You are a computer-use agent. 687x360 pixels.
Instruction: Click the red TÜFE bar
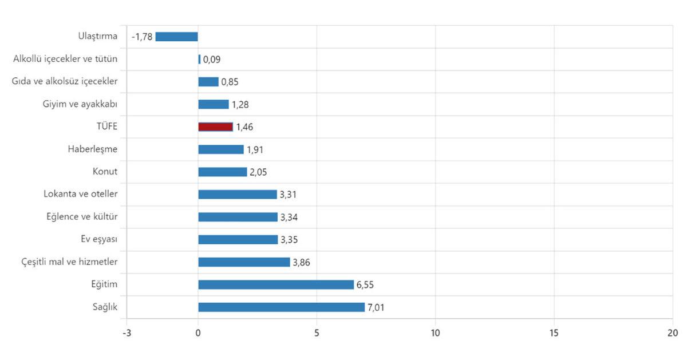tap(215, 127)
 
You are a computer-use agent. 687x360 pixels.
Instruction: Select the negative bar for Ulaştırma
tap(176, 37)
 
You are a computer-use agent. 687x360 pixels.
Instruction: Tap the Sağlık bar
tap(281, 307)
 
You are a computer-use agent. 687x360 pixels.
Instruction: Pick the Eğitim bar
tap(276, 284)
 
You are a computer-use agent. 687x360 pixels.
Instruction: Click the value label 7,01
tap(376, 307)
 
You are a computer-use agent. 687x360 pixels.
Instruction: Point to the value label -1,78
tap(141, 37)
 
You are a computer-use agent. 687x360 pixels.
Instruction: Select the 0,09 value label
tap(212, 60)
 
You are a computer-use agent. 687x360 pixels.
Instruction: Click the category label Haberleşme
tap(92, 149)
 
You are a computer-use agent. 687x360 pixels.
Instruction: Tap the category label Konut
tap(105, 172)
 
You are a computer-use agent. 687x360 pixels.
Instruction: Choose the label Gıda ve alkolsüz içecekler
tap(65, 81)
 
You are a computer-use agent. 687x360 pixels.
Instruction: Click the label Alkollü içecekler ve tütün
tap(65, 58)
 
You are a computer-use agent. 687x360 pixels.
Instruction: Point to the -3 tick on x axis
tap(127, 333)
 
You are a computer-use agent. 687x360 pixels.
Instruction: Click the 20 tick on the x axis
tap(672, 333)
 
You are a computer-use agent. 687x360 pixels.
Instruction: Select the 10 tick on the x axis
tap(435, 333)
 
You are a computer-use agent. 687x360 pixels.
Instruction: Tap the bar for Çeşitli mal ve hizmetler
tap(244, 262)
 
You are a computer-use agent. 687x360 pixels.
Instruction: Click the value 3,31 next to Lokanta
tap(288, 195)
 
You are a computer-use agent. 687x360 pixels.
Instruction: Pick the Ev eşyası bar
tap(238, 239)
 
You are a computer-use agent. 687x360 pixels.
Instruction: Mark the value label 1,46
tap(244, 127)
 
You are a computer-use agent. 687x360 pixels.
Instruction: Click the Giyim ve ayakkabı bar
tap(214, 104)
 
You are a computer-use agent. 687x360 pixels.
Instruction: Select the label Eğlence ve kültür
tap(82, 217)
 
